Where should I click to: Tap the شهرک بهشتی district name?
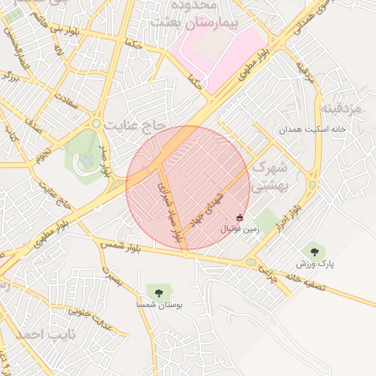point(269,177)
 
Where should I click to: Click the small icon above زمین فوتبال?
point(240,217)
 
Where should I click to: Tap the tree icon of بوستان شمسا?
point(159,292)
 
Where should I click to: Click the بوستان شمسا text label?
point(159,304)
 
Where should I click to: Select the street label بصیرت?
point(109,275)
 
